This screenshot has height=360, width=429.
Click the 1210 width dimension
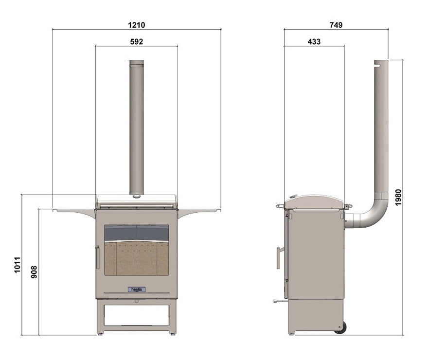(x=137, y=25)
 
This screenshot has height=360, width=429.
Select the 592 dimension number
(x=137, y=41)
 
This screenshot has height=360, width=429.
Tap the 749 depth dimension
(x=336, y=25)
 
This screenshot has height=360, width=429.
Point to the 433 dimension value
(x=314, y=41)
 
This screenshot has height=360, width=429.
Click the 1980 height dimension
(x=398, y=197)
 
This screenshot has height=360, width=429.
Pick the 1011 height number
(x=17, y=265)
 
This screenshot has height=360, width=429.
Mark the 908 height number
(x=34, y=272)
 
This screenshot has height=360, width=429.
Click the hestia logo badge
(x=137, y=289)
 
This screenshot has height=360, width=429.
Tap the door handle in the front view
(x=98, y=257)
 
